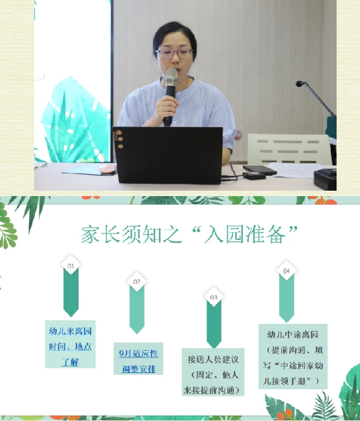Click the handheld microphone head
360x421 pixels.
click(x=172, y=77)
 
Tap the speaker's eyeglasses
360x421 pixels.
click(x=175, y=53)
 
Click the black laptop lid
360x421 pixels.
click(x=168, y=155)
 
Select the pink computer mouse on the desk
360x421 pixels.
click(x=107, y=169)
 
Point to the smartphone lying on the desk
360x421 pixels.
click(x=259, y=170)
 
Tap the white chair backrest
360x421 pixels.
click(x=289, y=149)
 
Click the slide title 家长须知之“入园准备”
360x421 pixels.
click(x=189, y=234)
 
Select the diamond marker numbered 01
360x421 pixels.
click(x=71, y=265)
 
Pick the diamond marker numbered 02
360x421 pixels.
click(x=137, y=281)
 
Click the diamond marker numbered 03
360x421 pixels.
click(x=214, y=297)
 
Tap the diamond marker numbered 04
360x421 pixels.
click(x=287, y=270)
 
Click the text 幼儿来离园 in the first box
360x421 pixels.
click(x=70, y=331)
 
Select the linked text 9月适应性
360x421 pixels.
click(x=139, y=353)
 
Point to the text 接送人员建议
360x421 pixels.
click(x=213, y=359)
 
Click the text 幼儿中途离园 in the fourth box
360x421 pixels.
click(x=293, y=335)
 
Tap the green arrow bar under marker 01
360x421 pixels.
click(x=71, y=293)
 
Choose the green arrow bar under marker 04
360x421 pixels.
click(x=287, y=299)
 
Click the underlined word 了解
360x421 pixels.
click(x=70, y=362)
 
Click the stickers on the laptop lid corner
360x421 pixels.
click(x=119, y=139)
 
